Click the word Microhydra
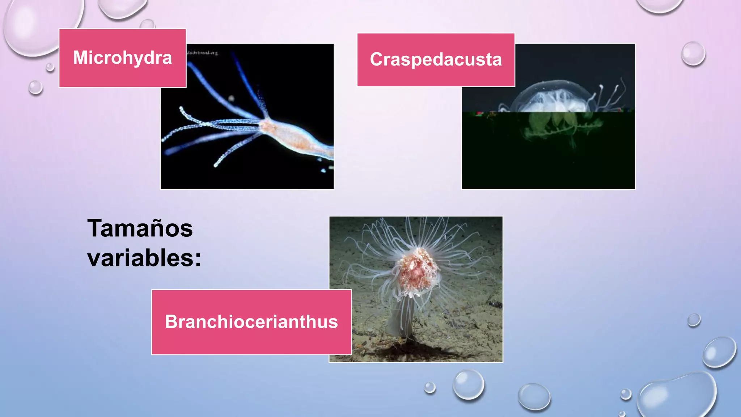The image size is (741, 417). click(x=122, y=58)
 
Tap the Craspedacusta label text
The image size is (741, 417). click(x=436, y=60)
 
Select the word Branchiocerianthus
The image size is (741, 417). click(x=251, y=322)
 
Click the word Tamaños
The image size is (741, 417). click(x=140, y=229)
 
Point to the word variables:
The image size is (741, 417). click(x=144, y=258)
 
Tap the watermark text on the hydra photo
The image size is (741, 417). click(x=203, y=53)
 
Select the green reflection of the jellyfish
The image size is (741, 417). click(x=554, y=127)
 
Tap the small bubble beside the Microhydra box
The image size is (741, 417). click(x=50, y=67)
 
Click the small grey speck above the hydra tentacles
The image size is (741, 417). click(x=231, y=98)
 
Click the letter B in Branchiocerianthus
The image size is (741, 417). click(x=171, y=322)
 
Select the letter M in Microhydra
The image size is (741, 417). click(x=81, y=58)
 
